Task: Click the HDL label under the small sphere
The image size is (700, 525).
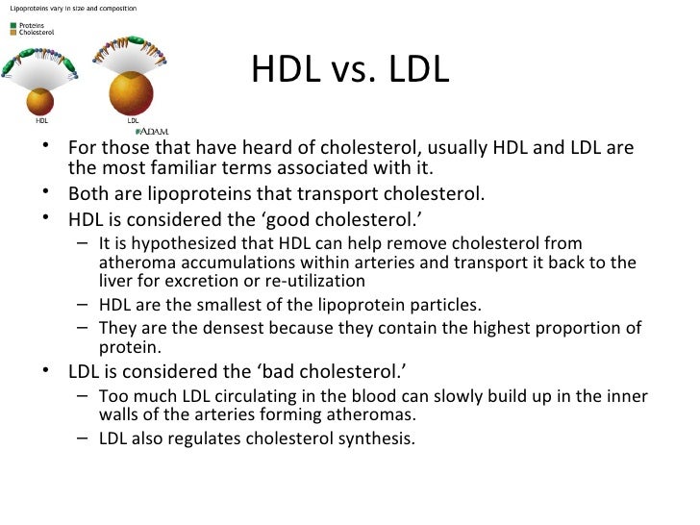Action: pyautogui.click(x=41, y=122)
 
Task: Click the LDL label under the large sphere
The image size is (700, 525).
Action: pyautogui.click(x=134, y=122)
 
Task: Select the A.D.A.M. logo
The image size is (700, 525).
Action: pyautogui.click(x=154, y=131)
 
